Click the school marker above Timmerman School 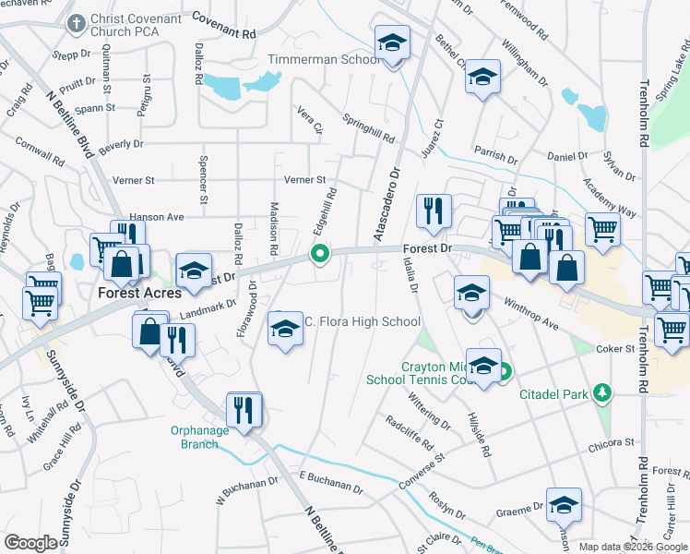click(392, 43)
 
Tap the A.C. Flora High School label click(362, 321)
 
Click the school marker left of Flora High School click(285, 328)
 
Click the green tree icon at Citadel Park click(602, 394)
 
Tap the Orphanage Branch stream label click(194, 437)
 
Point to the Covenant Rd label click(223, 22)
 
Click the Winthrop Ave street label click(531, 314)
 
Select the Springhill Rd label click(368, 128)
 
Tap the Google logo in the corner click(31, 543)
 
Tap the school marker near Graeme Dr click(564, 504)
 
